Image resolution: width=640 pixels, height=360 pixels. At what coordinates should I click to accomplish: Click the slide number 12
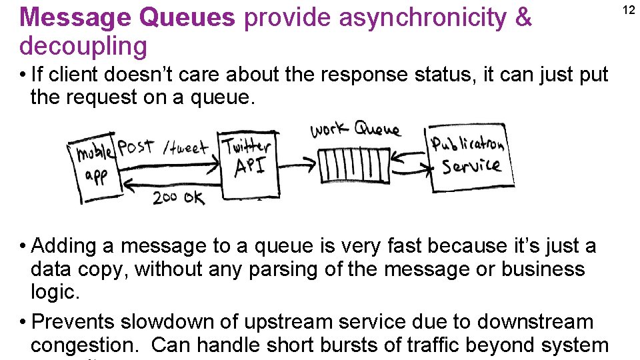(628, 9)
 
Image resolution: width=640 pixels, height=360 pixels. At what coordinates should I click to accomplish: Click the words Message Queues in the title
(127, 17)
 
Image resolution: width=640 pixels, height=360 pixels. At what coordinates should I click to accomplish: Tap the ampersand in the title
(523, 17)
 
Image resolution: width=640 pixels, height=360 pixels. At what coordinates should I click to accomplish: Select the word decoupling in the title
(83, 46)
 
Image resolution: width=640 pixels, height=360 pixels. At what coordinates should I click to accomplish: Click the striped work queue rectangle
(353, 165)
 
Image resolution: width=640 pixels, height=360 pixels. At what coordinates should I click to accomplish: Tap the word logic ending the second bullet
(51, 292)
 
